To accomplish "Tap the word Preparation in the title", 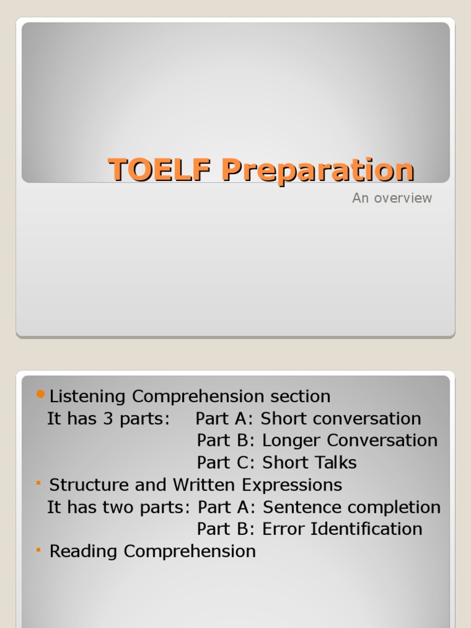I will coord(318,170).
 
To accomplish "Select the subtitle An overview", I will coord(392,198).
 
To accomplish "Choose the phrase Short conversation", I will coord(341,419).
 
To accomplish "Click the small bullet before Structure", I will coord(39,484).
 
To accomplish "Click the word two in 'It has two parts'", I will coord(107,507).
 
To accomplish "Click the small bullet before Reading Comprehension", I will coord(39,550).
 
